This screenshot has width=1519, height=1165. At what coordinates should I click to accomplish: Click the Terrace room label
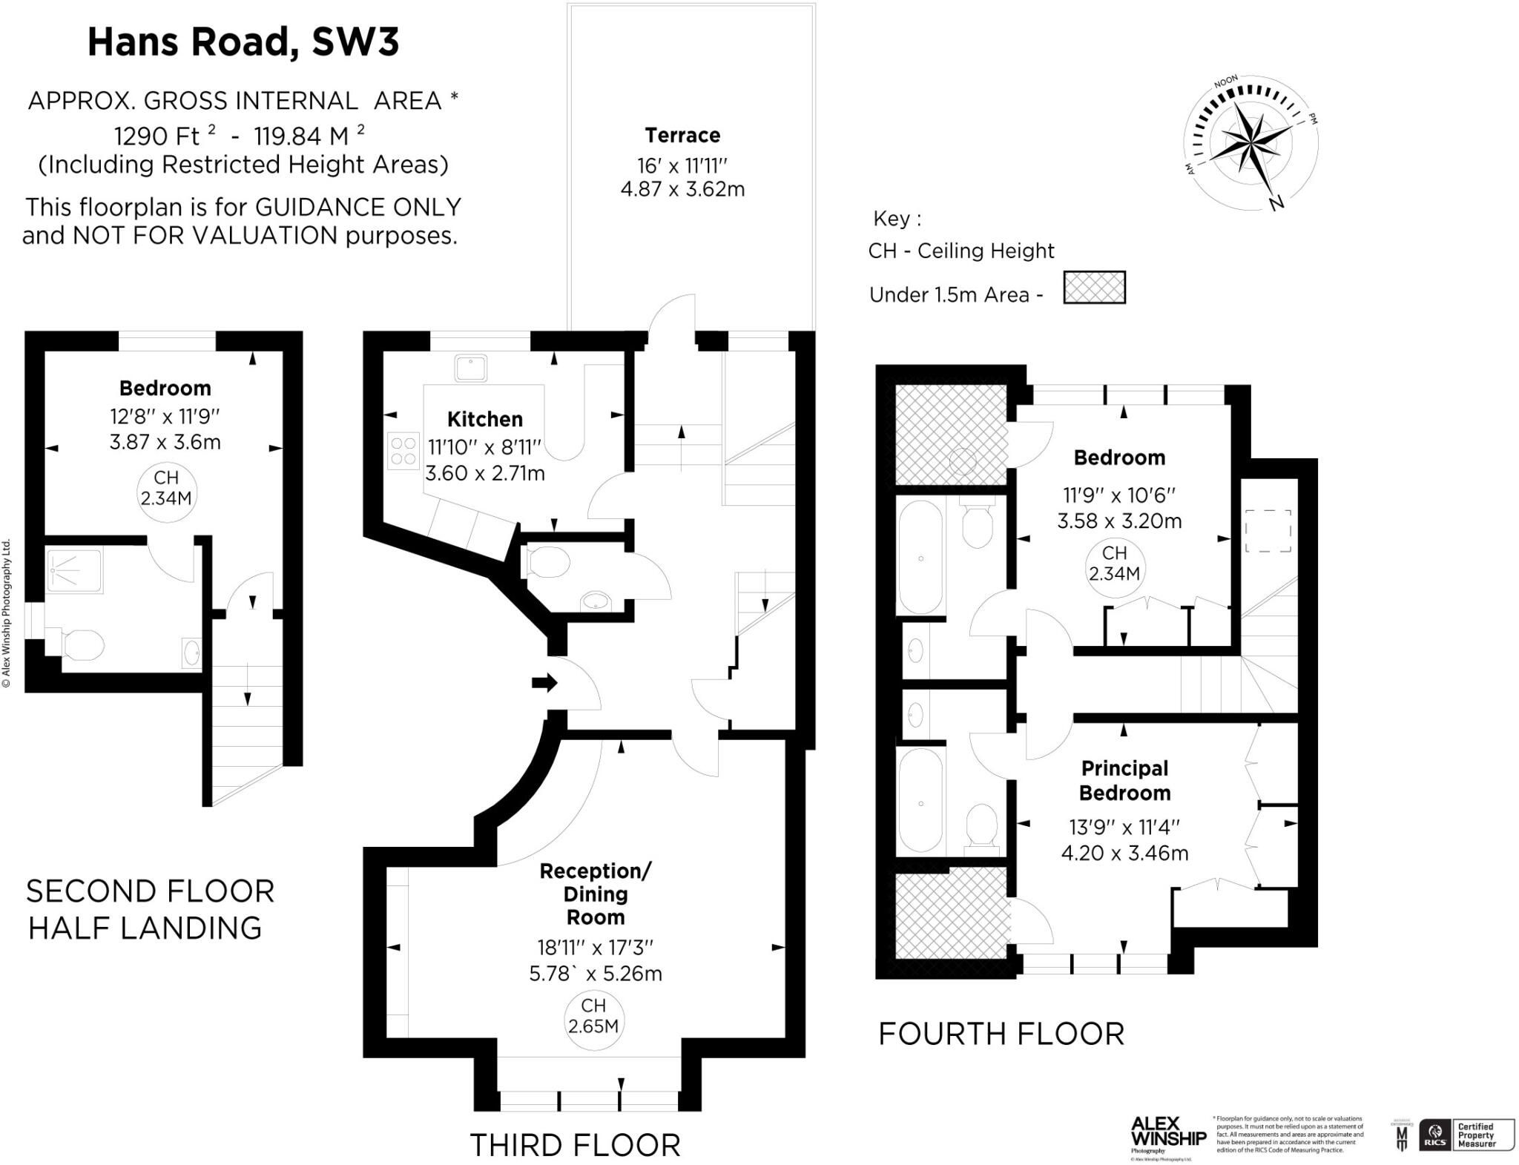(x=682, y=136)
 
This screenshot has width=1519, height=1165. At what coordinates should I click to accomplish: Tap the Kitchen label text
(x=485, y=419)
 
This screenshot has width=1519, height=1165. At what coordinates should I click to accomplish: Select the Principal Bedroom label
(x=1124, y=780)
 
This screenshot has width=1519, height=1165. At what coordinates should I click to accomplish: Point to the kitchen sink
(x=470, y=369)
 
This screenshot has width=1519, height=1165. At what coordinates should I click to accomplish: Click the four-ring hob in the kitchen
(x=403, y=452)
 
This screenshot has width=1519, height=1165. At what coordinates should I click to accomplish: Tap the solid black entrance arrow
(x=544, y=682)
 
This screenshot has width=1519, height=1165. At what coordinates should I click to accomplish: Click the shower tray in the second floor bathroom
(x=74, y=570)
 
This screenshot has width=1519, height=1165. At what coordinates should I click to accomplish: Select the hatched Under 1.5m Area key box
(x=1094, y=288)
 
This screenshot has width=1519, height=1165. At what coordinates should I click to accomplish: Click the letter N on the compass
(x=1276, y=202)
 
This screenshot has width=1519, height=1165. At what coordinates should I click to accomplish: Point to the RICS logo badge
(x=1434, y=1135)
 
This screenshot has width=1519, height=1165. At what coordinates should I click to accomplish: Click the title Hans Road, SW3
(x=243, y=42)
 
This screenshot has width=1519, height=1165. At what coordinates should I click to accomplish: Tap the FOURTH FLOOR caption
(x=1001, y=1034)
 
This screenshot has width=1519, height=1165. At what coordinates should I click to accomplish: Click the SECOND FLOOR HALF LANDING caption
(x=150, y=909)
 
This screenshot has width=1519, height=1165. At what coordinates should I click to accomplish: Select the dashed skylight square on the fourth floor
(x=1268, y=531)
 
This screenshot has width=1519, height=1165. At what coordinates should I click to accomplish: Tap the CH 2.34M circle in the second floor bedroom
(x=166, y=487)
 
